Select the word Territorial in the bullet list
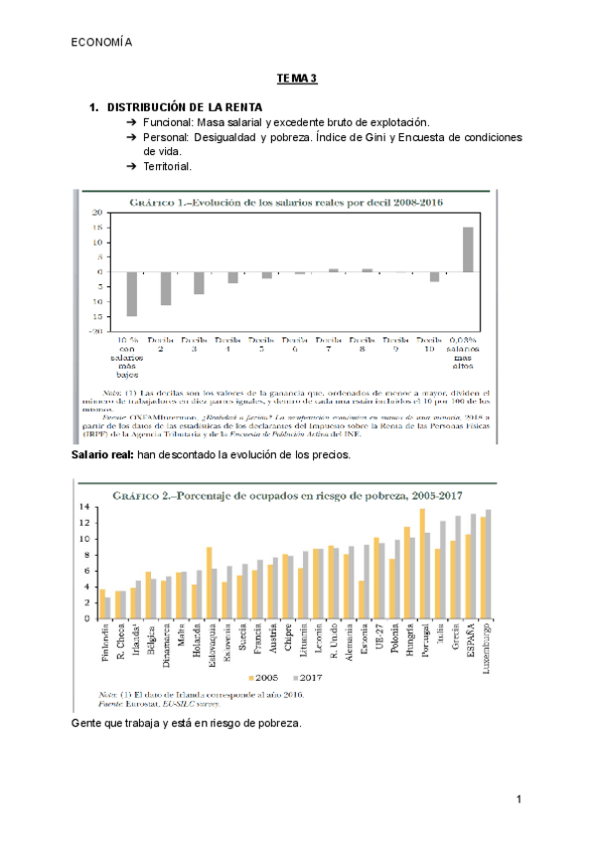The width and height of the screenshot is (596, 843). click(168, 166)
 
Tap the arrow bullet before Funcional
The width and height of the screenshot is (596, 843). click(131, 120)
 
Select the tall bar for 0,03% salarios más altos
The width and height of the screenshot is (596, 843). click(468, 250)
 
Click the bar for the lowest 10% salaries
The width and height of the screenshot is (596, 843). click(131, 293)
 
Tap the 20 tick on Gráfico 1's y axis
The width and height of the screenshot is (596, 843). click(96, 213)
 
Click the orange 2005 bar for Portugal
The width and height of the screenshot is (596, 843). click(422, 563)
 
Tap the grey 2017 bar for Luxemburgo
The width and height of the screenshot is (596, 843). click(489, 564)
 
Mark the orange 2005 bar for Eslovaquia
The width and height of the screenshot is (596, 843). click(209, 582)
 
